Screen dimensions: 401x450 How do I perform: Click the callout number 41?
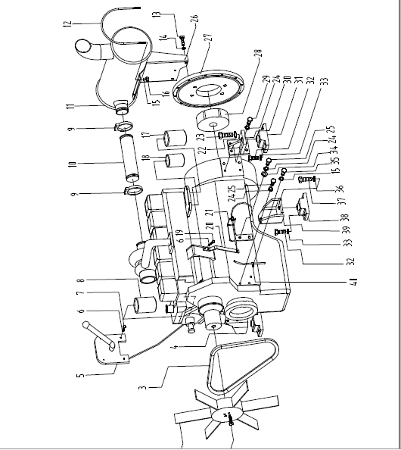point(354,282)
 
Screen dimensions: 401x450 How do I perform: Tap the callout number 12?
point(67,24)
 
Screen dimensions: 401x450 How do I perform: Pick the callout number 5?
point(81,374)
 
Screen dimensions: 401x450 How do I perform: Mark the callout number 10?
point(73,164)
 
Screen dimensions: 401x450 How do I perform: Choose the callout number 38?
point(347,217)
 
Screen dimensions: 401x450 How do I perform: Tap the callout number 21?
point(210,213)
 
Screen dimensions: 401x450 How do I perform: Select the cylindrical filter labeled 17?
point(175,138)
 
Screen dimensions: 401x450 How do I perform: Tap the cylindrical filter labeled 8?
point(145,306)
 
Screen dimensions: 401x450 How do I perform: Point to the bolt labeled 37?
point(307,180)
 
